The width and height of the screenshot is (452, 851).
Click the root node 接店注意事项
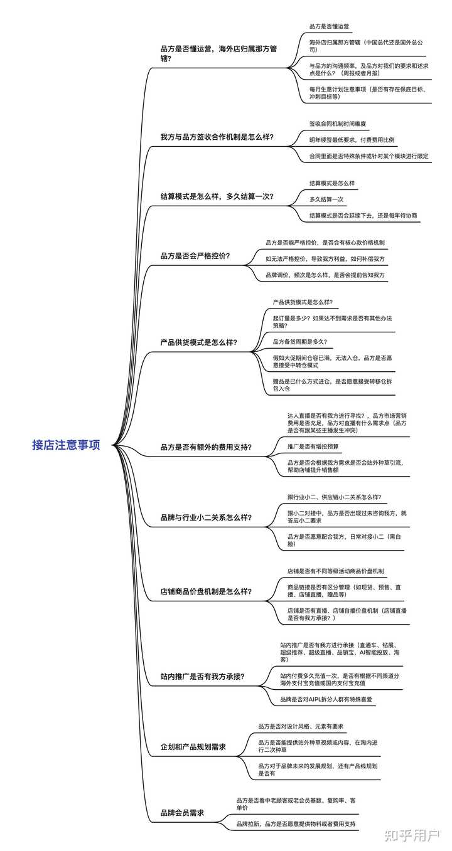66,446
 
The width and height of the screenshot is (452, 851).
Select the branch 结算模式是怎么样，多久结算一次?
217,196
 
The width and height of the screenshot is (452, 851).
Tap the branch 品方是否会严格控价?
195,256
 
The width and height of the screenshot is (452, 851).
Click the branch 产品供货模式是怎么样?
199,342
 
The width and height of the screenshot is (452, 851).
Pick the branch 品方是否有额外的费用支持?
207,447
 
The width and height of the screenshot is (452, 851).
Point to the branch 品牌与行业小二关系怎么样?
207,518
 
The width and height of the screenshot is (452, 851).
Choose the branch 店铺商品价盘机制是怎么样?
207,591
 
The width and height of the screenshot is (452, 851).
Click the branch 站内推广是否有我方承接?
203,677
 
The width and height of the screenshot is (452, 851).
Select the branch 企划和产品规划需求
193,747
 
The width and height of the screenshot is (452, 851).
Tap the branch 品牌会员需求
183,813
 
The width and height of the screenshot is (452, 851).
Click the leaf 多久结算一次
326,199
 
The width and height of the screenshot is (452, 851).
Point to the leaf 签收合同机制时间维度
338,124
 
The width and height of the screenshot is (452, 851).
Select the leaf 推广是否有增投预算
313,447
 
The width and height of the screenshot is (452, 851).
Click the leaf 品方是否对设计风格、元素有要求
301,726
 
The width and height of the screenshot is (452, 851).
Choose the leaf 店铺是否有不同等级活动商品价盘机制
336,571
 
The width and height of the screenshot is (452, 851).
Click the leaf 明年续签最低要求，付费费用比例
352,140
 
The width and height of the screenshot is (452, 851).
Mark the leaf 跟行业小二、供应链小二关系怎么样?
334,497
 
